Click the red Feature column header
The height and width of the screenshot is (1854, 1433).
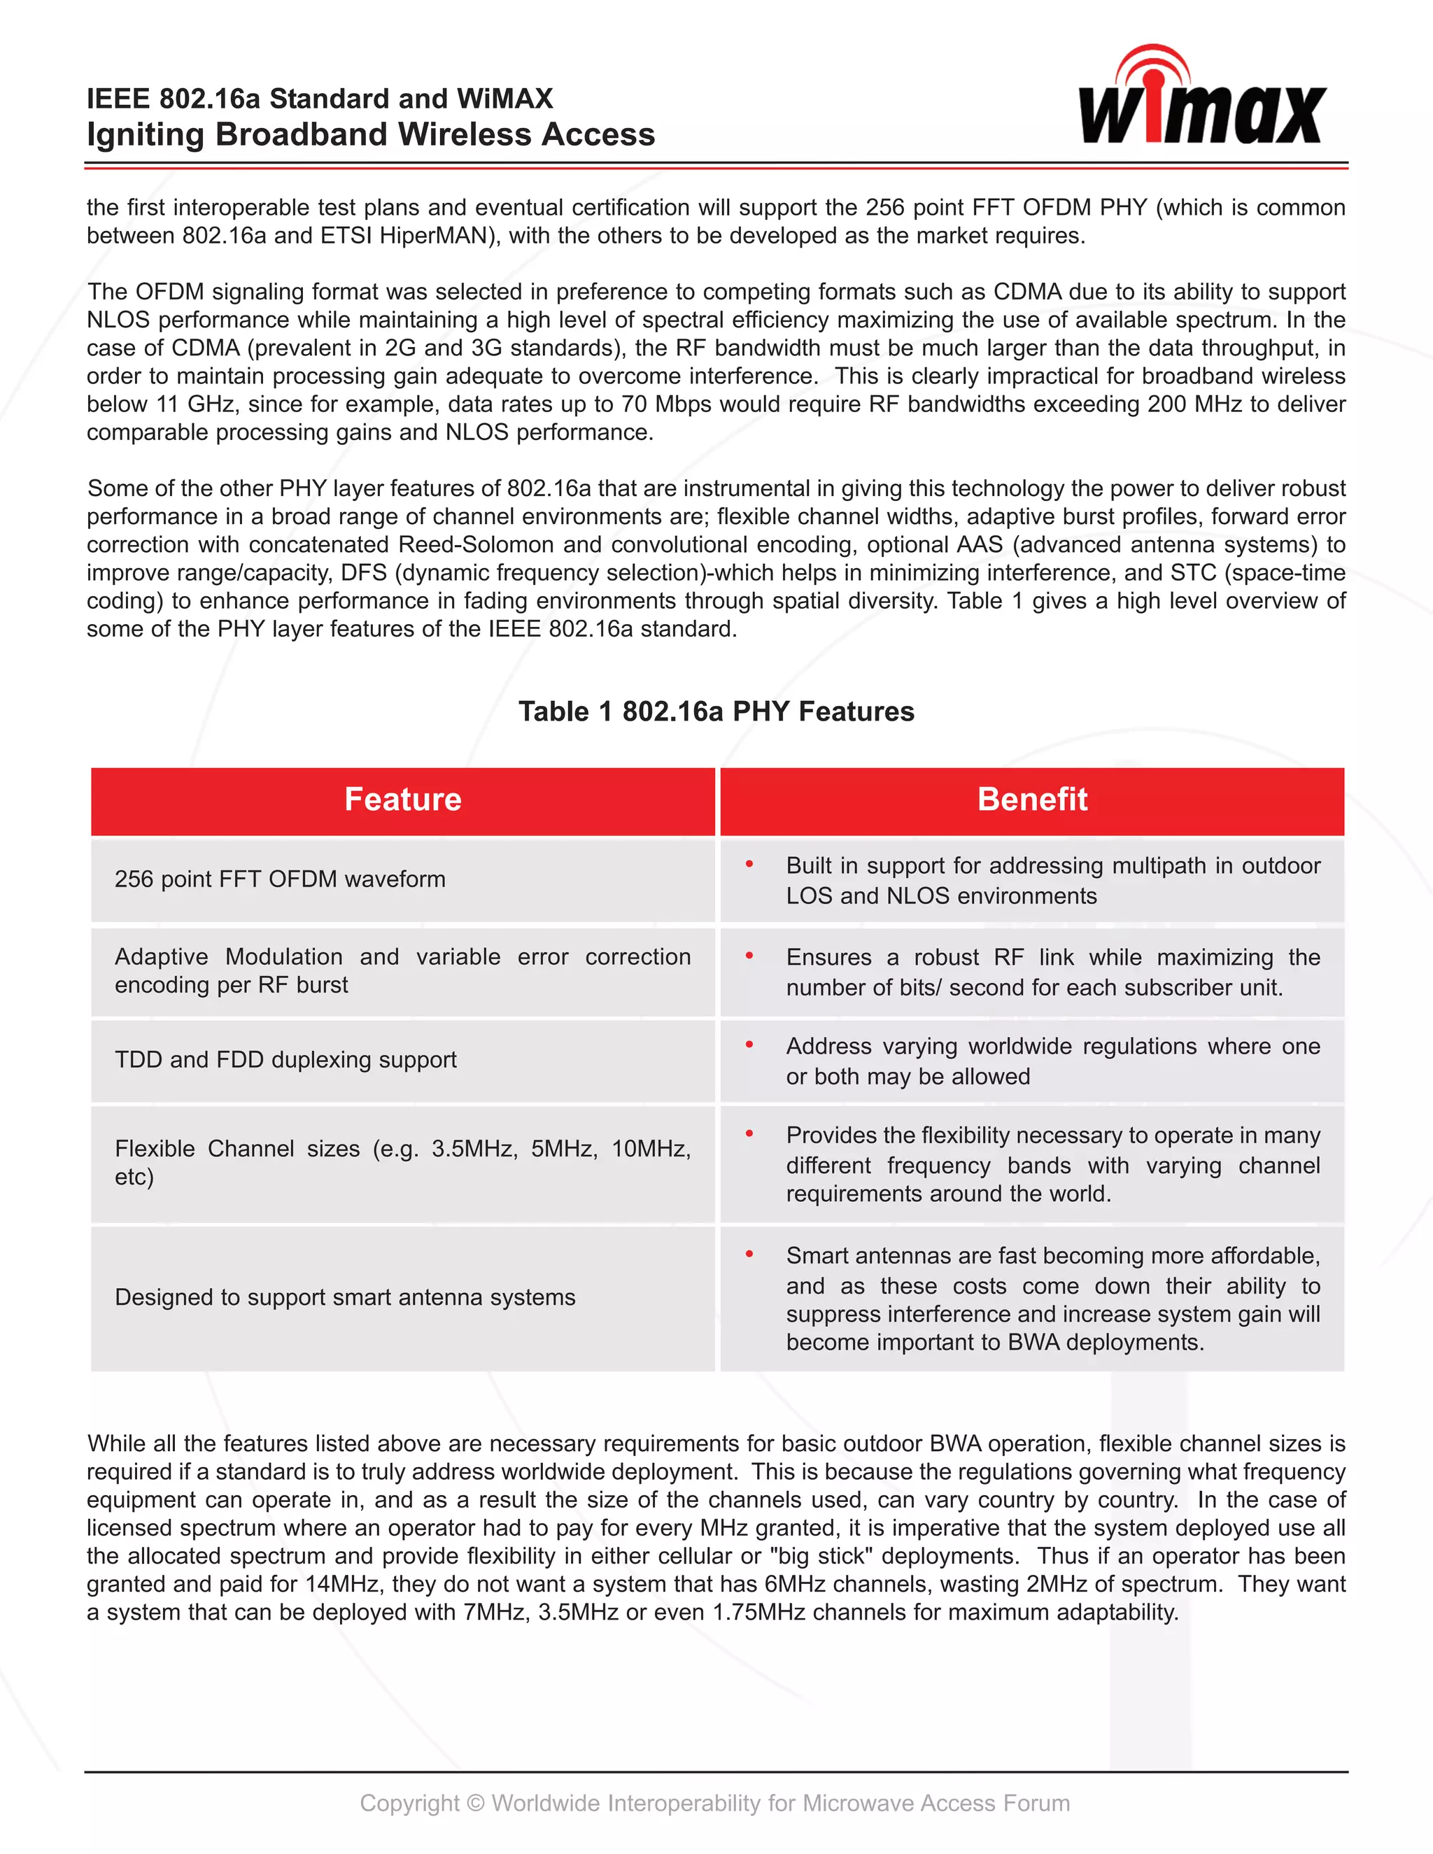tap(402, 800)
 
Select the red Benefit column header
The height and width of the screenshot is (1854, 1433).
tap(1031, 800)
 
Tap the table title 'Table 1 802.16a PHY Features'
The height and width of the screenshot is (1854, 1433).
tap(716, 712)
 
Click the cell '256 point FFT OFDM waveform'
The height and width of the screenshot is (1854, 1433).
tap(280, 879)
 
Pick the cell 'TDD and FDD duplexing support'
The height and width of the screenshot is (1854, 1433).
tap(285, 1059)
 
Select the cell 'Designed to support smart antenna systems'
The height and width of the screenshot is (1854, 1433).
tap(345, 1297)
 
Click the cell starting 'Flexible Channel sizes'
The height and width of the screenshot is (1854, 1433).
tap(402, 1162)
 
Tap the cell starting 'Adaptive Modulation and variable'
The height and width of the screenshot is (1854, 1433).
tap(402, 970)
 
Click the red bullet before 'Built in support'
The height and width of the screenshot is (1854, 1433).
tap(749, 864)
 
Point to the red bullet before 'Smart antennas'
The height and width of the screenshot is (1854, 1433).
tap(749, 1254)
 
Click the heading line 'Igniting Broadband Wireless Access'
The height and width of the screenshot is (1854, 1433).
tap(370, 135)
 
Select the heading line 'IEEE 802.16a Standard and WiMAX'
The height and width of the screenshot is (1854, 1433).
tap(319, 99)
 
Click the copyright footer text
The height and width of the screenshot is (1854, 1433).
tap(715, 1803)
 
